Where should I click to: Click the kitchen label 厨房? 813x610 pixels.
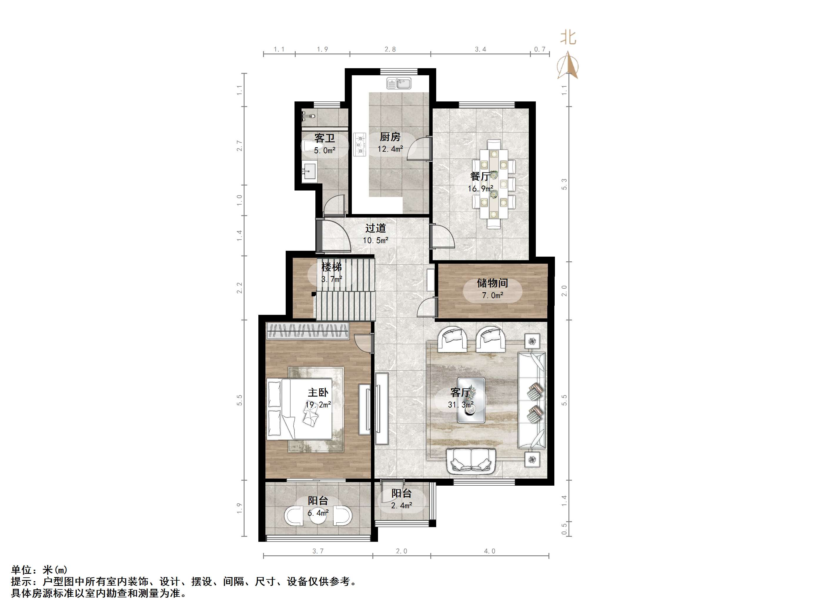[390, 137]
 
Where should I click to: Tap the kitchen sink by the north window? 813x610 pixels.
[399, 84]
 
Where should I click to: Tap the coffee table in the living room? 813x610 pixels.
[471, 400]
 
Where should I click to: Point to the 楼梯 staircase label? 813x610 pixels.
[331, 267]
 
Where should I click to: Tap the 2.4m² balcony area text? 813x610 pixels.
[401, 506]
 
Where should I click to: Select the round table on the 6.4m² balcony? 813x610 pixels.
[318, 516]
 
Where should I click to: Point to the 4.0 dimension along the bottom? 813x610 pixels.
[490, 551]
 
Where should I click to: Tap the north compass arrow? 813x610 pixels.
[568, 66]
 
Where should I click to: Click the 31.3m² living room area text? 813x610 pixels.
[461, 405]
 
